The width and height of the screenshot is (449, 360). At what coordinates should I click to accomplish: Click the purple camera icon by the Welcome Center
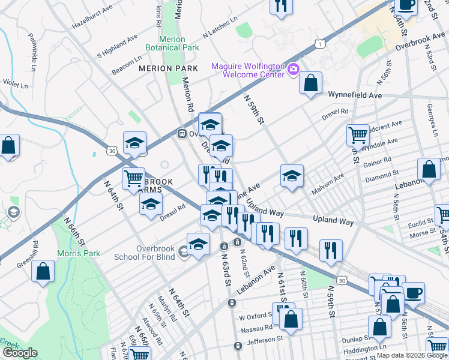click(x=294, y=70)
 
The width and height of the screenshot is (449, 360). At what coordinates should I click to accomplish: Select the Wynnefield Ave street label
click(x=355, y=95)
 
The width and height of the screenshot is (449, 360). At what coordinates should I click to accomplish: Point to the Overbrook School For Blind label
click(x=146, y=252)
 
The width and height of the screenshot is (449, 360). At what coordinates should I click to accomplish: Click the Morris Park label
click(x=79, y=253)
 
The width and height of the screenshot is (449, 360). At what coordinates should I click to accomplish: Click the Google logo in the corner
click(x=20, y=353)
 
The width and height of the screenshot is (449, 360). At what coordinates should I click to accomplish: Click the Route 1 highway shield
click(x=322, y=44)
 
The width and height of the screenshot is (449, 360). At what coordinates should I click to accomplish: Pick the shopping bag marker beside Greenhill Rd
click(x=44, y=271)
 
